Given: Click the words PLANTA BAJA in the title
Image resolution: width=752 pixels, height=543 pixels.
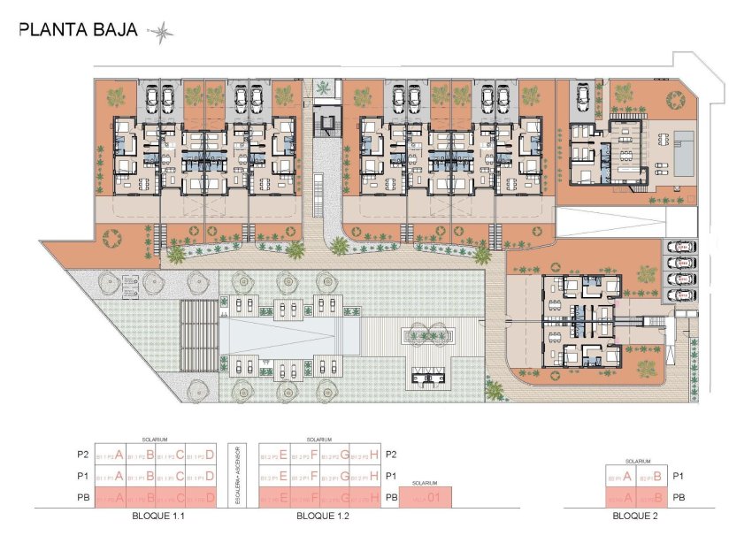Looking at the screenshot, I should pos(78,30).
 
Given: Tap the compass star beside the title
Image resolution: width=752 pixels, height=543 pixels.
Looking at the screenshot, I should pos(161,33).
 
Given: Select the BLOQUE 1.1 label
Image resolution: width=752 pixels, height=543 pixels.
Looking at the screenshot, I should pos(155,515).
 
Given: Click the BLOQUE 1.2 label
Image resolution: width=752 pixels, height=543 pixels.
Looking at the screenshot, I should pos(320,515).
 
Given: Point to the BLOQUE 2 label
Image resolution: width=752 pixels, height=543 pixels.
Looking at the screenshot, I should pos(633,515).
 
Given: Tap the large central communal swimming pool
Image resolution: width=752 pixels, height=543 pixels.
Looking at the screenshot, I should pos(279,336).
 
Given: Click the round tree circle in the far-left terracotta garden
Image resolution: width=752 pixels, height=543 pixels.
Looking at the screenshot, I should pos(112,239).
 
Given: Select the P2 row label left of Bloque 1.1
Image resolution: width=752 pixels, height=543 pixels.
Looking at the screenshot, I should pos(83,456).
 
